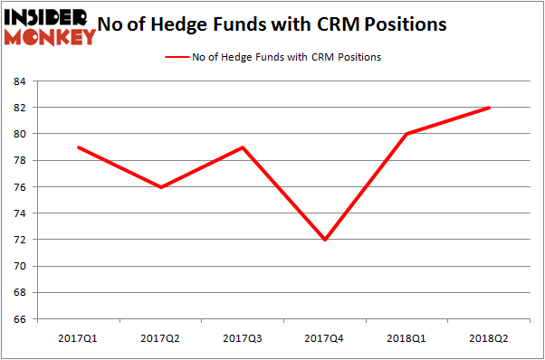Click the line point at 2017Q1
click(78, 147)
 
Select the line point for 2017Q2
click(160, 187)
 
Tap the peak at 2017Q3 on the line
click(243, 147)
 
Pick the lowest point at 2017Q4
click(325, 240)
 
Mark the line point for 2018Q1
click(407, 134)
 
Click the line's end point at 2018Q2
click(490, 108)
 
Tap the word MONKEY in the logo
click(51, 37)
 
